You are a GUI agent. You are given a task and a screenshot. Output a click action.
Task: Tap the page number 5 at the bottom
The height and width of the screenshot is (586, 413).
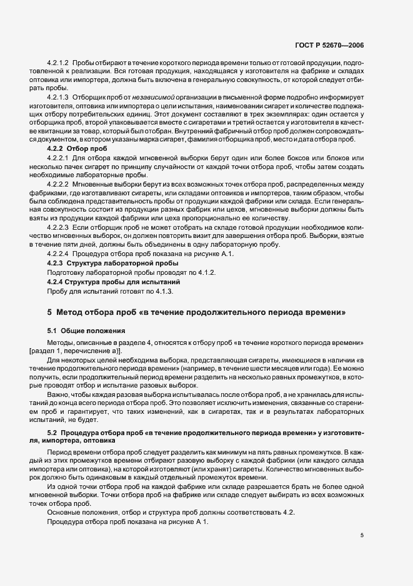[362, 535]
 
